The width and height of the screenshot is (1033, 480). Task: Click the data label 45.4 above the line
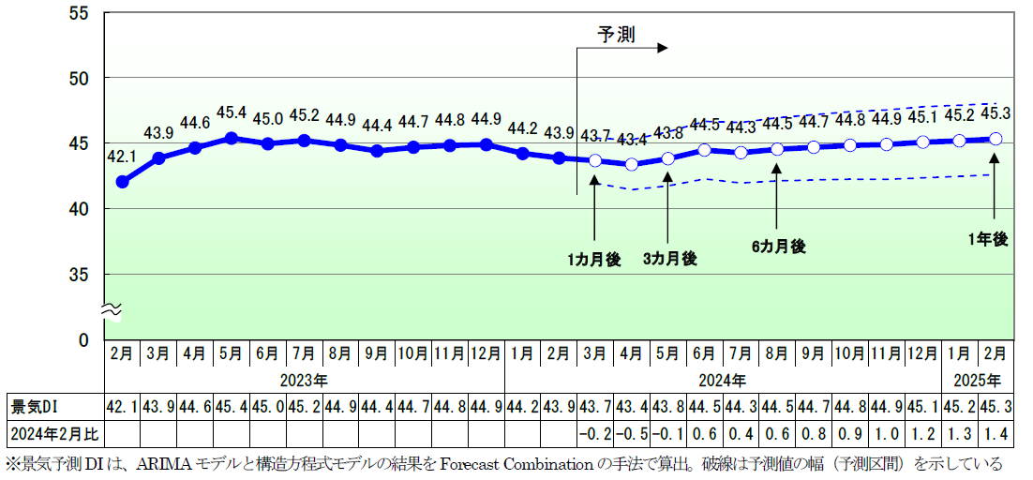[x=231, y=113]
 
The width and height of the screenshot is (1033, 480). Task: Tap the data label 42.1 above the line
[x=122, y=157]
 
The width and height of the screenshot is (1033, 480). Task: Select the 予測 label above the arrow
[x=617, y=35]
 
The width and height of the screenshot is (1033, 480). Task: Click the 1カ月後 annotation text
[x=594, y=260]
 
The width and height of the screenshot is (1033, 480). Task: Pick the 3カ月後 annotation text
[x=669, y=260]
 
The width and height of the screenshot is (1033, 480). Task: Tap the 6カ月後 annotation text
[x=778, y=247]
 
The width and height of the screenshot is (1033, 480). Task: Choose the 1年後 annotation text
[x=988, y=240]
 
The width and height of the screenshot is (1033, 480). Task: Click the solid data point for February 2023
[x=122, y=181]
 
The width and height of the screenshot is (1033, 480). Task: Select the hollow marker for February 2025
[x=996, y=139]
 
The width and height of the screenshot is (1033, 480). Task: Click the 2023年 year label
[x=304, y=382]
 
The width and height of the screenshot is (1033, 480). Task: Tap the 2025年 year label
[x=977, y=382]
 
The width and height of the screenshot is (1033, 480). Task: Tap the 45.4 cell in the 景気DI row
[x=231, y=407]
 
